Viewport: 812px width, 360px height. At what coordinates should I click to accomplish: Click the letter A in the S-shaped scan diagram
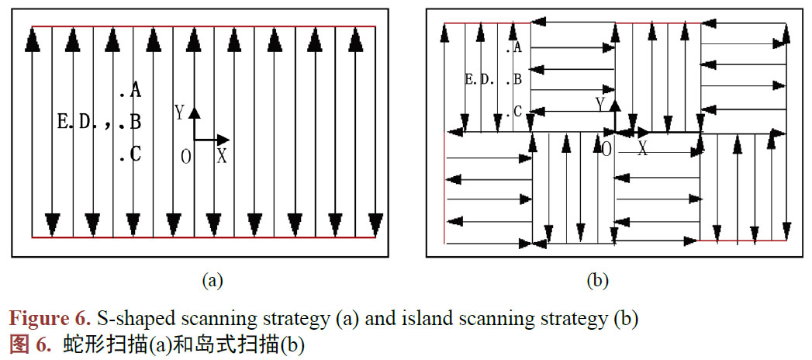point(135,91)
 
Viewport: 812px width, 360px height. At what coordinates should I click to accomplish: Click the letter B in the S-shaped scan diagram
point(135,122)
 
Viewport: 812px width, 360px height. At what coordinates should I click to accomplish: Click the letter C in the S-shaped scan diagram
point(135,154)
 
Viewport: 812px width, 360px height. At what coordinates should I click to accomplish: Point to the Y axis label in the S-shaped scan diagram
point(179,113)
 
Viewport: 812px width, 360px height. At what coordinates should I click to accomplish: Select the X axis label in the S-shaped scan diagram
point(222,156)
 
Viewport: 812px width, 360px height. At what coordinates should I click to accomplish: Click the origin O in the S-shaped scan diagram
point(186,157)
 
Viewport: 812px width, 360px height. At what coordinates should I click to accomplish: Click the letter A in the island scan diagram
point(517,48)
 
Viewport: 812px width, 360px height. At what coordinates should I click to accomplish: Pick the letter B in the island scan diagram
point(517,79)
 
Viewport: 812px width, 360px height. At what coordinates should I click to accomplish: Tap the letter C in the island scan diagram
point(517,112)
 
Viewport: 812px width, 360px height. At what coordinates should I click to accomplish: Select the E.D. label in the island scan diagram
point(479,79)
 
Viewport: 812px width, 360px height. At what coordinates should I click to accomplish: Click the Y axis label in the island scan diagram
point(599,102)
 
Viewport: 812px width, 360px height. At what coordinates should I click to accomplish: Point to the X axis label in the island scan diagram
point(642,149)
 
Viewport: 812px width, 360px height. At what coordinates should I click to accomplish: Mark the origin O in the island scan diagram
point(606,149)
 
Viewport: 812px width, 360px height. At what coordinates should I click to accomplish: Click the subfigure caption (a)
point(212,281)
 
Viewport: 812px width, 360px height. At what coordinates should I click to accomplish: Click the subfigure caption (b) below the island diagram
point(597,281)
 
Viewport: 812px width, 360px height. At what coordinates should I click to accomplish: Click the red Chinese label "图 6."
point(29,344)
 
